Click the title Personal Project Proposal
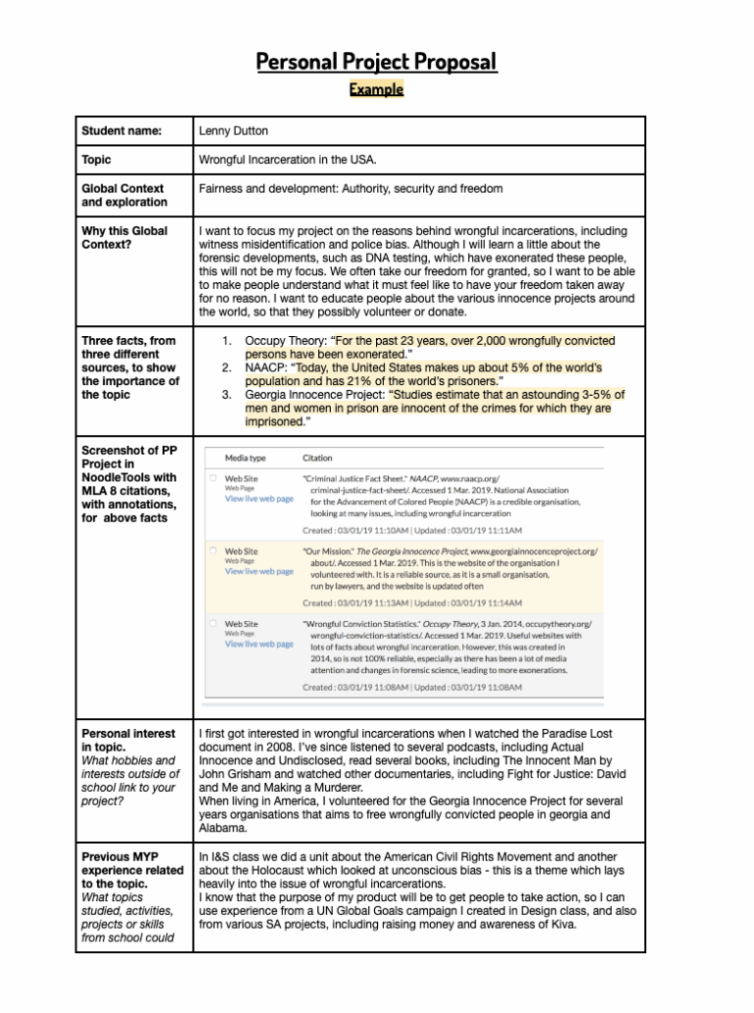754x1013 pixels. point(376,63)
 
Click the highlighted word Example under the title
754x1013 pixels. point(376,89)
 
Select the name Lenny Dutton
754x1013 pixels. point(234,131)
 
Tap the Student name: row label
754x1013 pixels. point(122,131)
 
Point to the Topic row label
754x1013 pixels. point(96,159)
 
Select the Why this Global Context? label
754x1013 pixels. point(124,238)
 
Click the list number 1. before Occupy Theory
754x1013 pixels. point(227,341)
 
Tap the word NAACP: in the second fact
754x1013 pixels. point(268,367)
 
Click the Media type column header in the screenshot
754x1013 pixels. point(245,458)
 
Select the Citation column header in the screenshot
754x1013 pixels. point(317,458)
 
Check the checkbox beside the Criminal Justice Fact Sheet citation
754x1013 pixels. point(212,478)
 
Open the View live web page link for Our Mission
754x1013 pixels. point(258,571)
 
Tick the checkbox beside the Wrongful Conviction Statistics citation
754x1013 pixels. point(212,623)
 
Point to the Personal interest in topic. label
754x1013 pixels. point(128,740)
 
